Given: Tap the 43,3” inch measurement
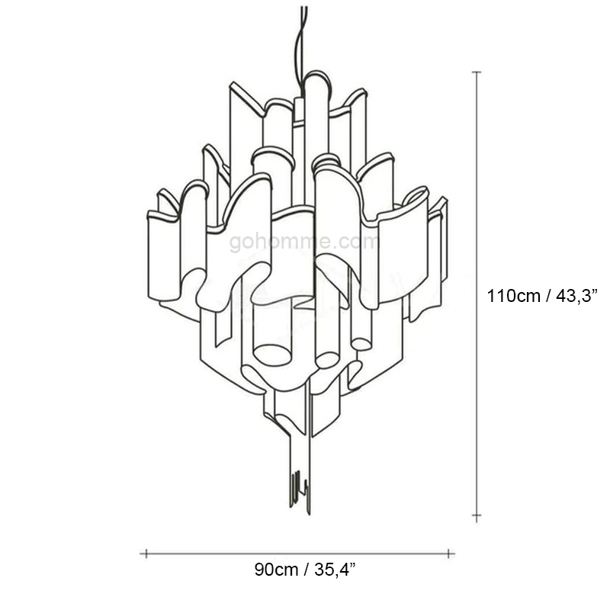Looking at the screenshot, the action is [x=576, y=297].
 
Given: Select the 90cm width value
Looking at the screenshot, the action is [x=277, y=570].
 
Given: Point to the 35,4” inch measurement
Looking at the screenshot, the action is [x=335, y=570].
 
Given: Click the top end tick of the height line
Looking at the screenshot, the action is [x=477, y=72].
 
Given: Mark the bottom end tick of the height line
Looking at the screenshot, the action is [x=477, y=516].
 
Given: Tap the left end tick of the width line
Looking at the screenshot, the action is [x=146, y=554].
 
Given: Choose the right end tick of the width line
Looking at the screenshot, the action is [x=448, y=554].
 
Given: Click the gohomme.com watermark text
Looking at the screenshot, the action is [x=303, y=242].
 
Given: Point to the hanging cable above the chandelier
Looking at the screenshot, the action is [x=300, y=47].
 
